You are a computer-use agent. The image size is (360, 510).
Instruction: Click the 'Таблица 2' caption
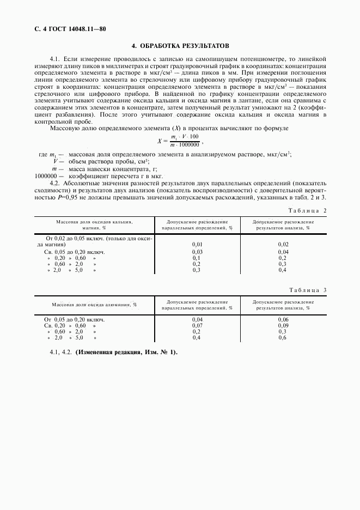(x=309, y=210)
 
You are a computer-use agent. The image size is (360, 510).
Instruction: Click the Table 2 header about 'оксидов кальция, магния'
(x=95, y=226)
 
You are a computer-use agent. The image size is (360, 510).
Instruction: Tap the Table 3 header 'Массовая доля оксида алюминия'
(x=94, y=305)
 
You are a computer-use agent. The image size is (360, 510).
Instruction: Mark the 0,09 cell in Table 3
(x=283, y=325)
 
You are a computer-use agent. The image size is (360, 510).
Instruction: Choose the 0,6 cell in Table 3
(x=283, y=338)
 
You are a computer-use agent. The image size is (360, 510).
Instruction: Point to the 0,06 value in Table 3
(x=283, y=319)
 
